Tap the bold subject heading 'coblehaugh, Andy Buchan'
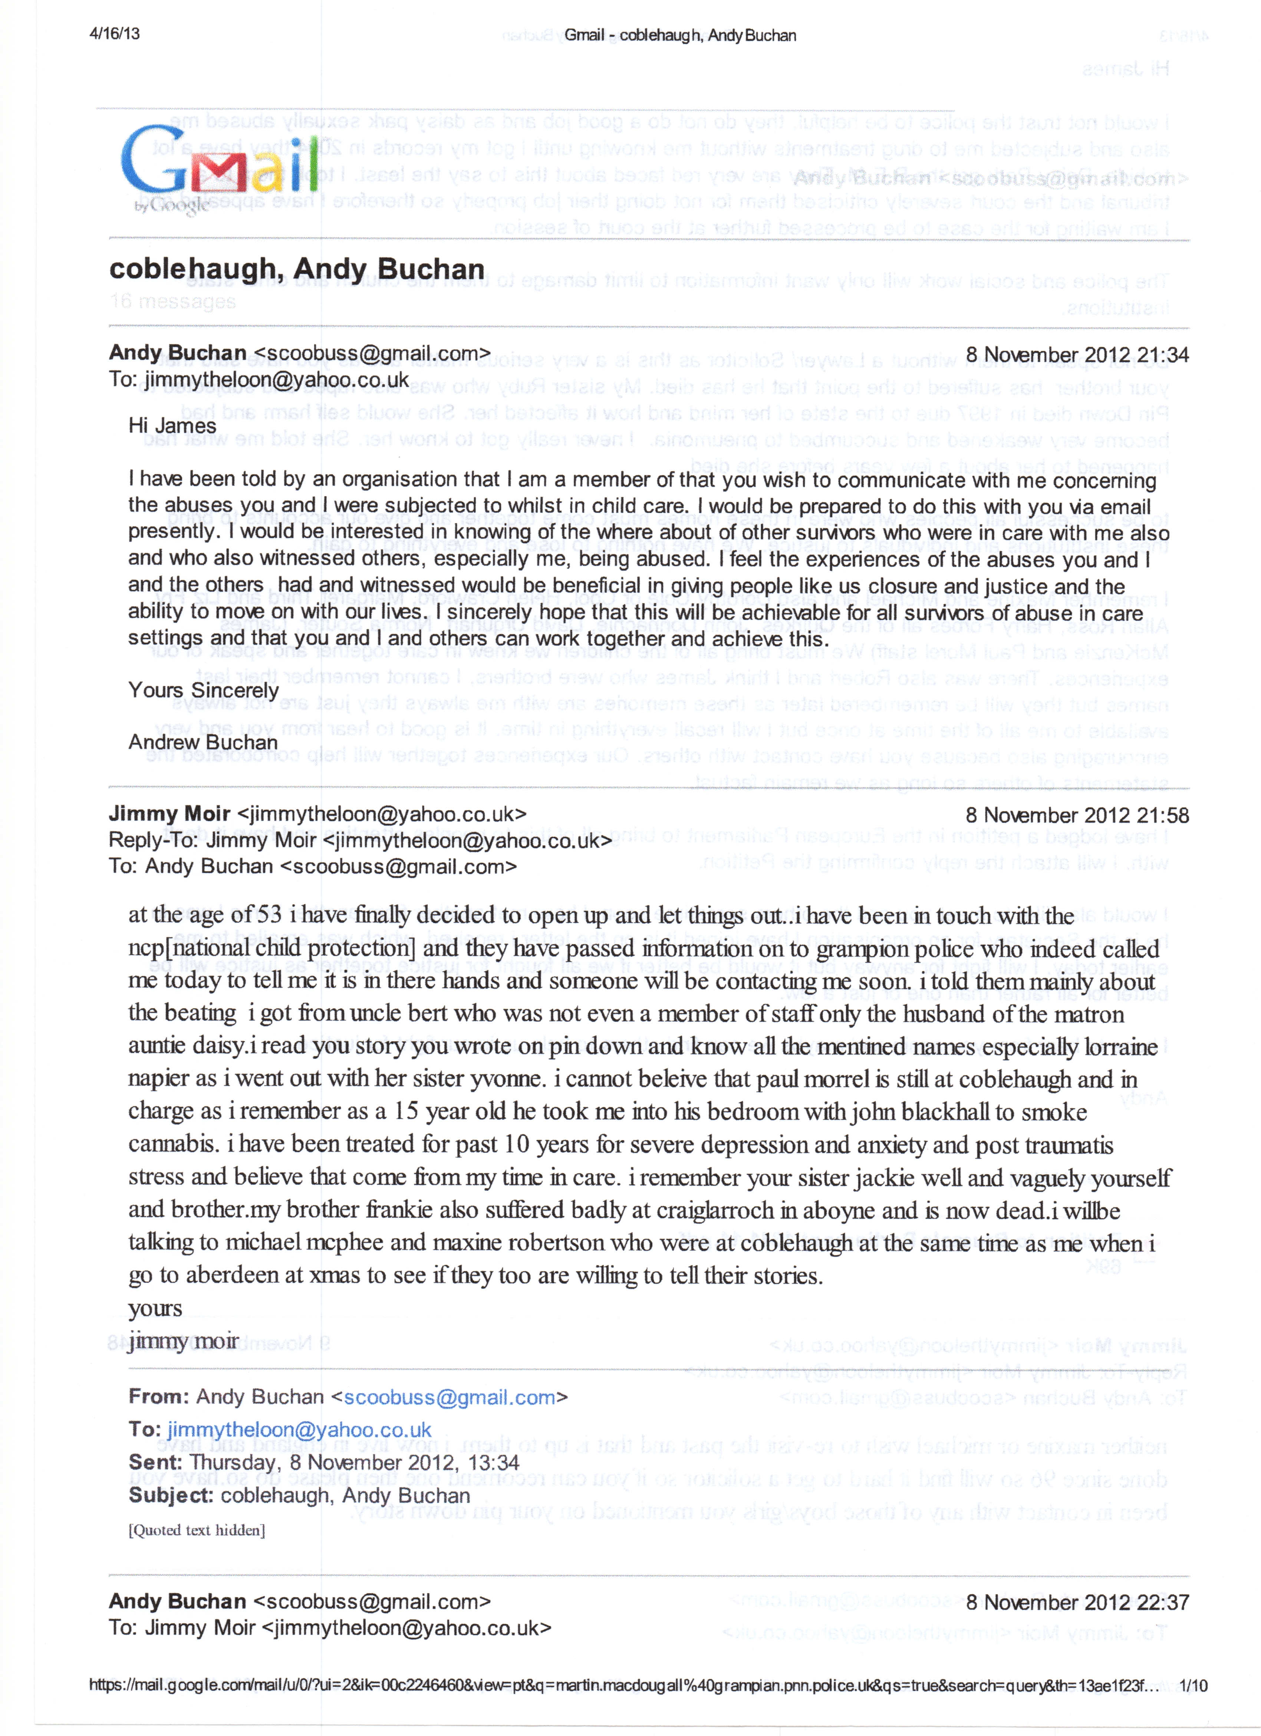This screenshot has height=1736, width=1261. [x=297, y=269]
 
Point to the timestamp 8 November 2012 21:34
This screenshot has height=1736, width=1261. [x=1077, y=355]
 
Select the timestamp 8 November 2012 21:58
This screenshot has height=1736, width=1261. [x=1077, y=815]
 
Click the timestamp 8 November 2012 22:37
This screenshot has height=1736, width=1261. [x=1077, y=1602]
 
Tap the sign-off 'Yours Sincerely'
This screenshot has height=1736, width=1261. [x=204, y=690]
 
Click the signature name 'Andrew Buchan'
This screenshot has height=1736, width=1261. [x=203, y=742]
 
